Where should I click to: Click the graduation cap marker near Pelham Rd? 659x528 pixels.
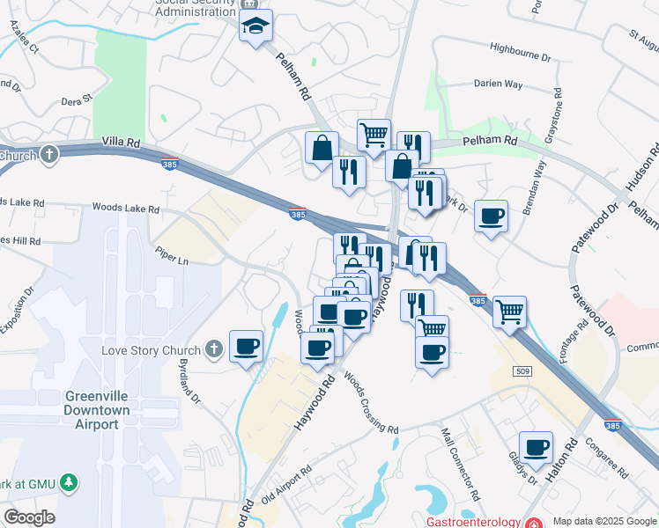(x=256, y=26)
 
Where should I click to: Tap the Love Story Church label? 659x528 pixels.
(x=146, y=350)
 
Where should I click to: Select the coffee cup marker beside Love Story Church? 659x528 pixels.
(x=246, y=345)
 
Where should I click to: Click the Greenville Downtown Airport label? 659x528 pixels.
(x=97, y=410)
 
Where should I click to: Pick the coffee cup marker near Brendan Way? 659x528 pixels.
(x=491, y=216)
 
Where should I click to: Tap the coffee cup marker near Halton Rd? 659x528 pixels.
(x=536, y=447)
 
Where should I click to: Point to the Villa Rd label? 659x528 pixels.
(x=122, y=141)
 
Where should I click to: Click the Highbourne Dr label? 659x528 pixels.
(x=519, y=55)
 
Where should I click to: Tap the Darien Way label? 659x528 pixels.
(x=498, y=84)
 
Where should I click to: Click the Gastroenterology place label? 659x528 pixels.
(x=475, y=522)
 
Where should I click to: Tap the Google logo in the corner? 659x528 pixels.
(x=29, y=517)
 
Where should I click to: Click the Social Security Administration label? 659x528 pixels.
(x=196, y=9)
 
